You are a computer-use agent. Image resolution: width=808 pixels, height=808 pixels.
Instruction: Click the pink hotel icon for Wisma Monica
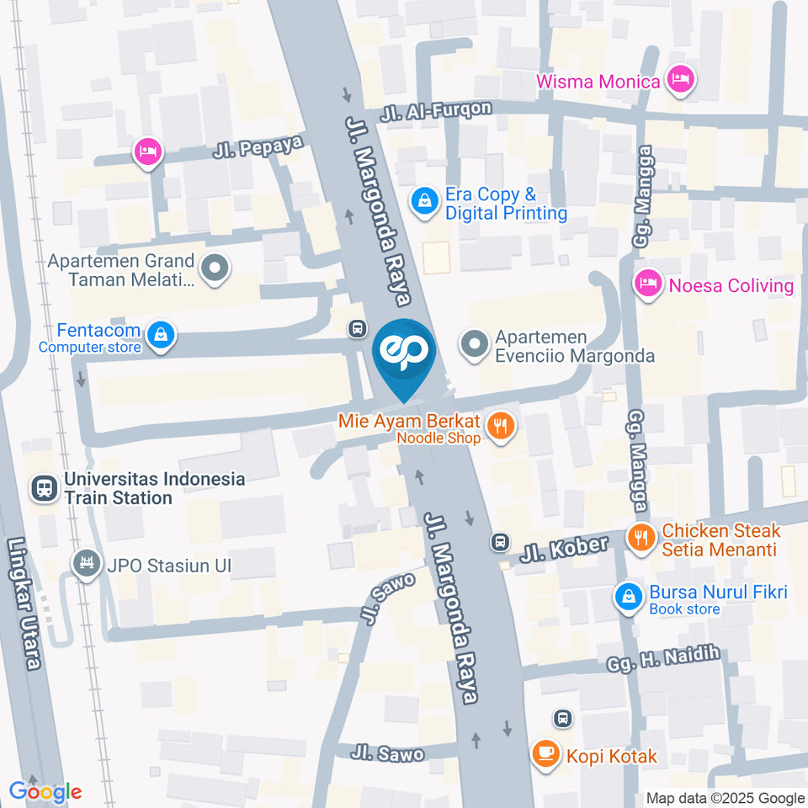(678, 81)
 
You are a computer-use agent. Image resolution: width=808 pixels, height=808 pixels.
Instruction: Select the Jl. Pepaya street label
(258, 147)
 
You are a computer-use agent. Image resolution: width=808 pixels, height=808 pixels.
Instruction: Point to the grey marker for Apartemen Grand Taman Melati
(215, 269)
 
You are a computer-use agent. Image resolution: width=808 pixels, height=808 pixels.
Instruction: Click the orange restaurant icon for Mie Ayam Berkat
(502, 427)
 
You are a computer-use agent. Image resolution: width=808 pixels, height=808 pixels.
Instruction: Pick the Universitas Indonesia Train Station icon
(43, 488)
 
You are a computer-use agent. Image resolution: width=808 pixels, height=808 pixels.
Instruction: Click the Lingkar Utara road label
(24, 603)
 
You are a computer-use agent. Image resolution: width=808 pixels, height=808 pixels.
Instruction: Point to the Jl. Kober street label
(563, 549)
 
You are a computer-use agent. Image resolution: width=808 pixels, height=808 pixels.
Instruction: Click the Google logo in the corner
(45, 791)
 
